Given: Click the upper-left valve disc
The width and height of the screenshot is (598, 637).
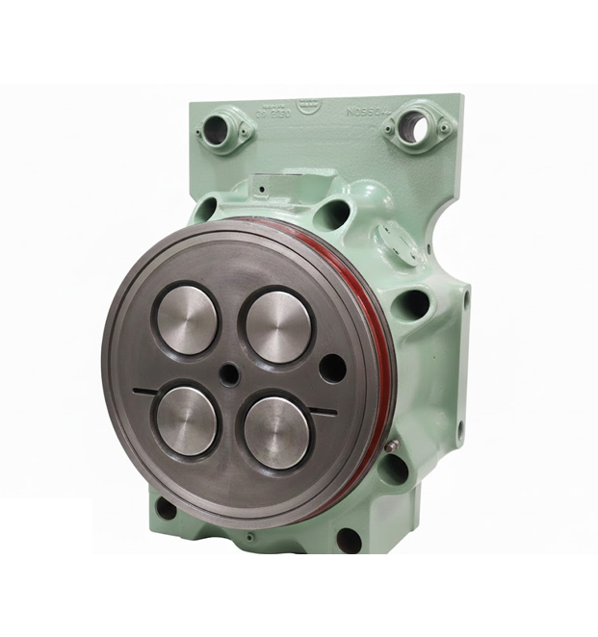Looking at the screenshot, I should (x=187, y=318).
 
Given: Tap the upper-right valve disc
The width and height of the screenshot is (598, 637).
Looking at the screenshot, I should (x=275, y=326).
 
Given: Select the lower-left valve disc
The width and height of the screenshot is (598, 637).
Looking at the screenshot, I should (x=185, y=420).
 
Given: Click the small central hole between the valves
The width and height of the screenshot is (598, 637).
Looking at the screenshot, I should (x=230, y=376).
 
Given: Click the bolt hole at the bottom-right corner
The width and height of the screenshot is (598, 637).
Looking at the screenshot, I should (x=349, y=540).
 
